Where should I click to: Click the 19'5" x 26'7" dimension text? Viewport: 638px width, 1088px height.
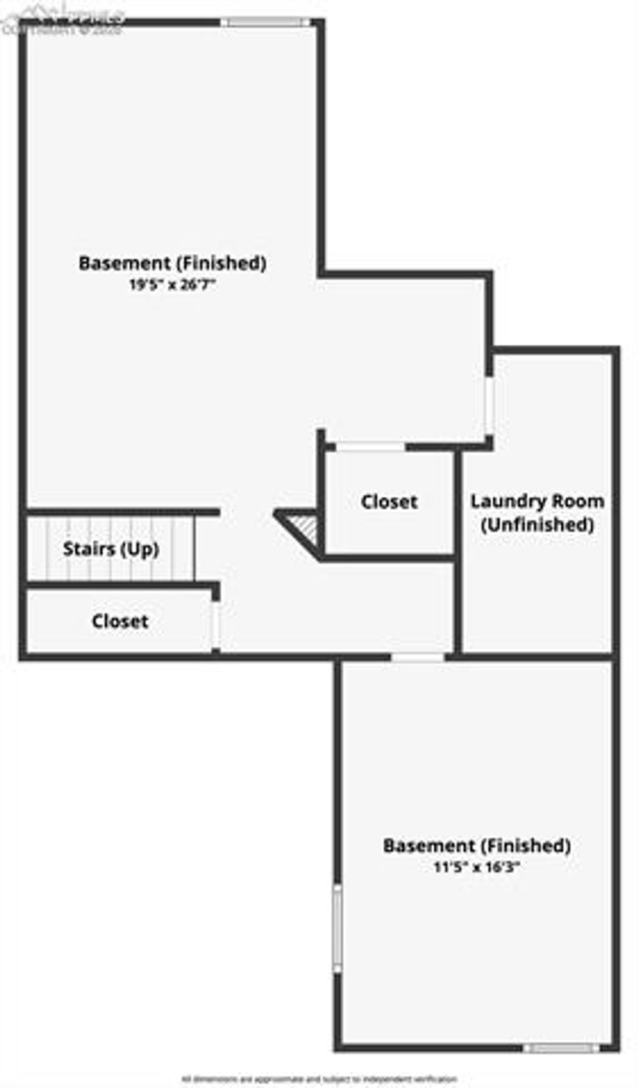[172, 285]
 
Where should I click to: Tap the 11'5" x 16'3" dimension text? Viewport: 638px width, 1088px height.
[477, 867]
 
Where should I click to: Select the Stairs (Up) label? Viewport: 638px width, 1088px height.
[111, 549]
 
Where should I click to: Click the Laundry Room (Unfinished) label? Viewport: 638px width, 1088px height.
[537, 512]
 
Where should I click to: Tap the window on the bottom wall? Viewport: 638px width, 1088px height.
[561, 1048]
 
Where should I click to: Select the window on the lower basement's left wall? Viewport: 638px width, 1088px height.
[337, 928]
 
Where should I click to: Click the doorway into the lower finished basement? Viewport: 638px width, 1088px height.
[417, 657]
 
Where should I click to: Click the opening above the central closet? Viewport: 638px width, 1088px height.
[370, 446]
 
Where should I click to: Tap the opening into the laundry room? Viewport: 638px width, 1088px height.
[490, 406]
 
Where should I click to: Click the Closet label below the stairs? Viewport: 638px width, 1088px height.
[120, 621]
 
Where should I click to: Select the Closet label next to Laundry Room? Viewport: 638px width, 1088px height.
[389, 502]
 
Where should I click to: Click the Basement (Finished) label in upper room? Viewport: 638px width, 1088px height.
[172, 263]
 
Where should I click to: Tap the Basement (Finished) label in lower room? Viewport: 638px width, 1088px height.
[477, 846]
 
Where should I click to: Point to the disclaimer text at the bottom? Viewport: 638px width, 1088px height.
[319, 1079]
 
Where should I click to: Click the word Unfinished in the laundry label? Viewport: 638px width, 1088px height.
[537, 525]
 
